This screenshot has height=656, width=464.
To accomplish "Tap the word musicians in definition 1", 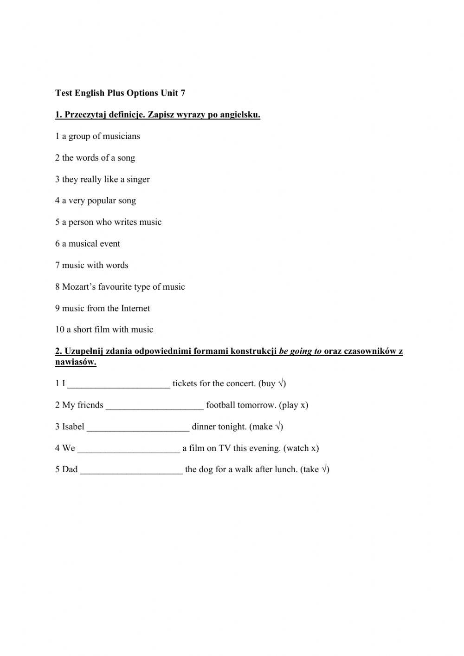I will point(122,136).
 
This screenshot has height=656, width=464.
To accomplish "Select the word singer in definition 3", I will point(138,180).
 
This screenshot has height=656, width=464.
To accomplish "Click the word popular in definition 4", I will point(101,201).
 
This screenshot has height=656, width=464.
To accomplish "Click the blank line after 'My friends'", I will point(155,406).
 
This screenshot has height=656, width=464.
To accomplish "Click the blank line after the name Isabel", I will point(138,427).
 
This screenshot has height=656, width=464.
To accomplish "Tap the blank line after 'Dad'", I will point(131,470).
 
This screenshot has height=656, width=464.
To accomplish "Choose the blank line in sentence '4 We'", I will point(129,448).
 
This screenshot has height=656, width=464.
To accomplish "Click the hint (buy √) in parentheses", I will point(272,384).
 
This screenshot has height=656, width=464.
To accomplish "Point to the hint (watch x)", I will point(301,448).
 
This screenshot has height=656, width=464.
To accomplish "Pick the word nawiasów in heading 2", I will point(76,362).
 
